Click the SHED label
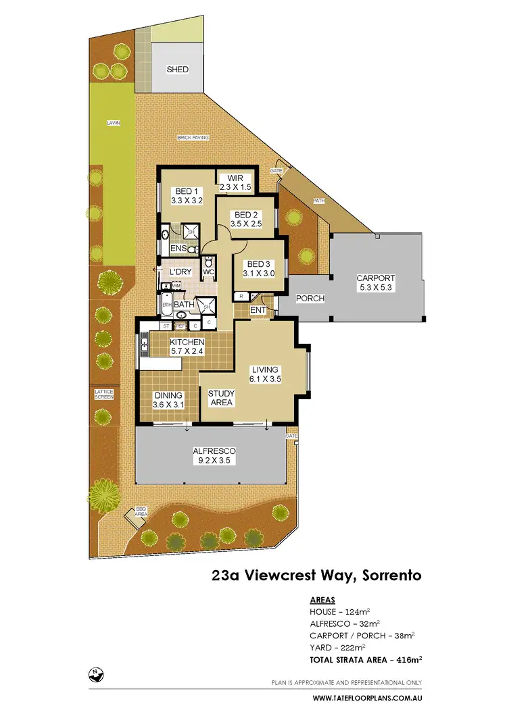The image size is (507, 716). (x=177, y=70)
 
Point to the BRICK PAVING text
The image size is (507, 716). (x=193, y=138)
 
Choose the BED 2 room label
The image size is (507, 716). (x=245, y=219)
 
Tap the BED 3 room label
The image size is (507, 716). (x=260, y=269)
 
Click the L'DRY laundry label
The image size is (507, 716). (x=180, y=272)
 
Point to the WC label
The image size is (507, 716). (x=208, y=272)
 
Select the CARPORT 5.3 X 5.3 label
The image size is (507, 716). (x=377, y=282)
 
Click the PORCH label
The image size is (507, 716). (x=310, y=299)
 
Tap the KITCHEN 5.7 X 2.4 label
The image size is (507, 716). (x=187, y=347)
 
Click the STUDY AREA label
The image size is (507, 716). (x=220, y=398)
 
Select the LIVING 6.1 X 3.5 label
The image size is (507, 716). (x=266, y=374)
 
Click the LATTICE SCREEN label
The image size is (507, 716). (x=103, y=394)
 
